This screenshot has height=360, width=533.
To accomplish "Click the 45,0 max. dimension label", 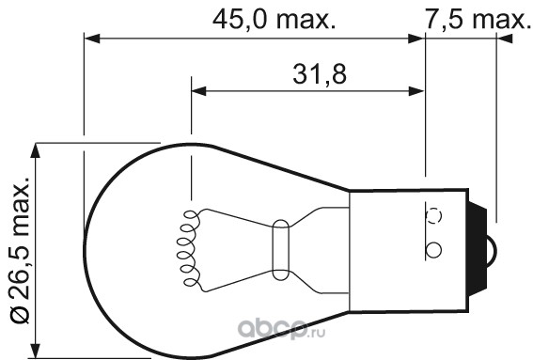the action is [x=274, y=20].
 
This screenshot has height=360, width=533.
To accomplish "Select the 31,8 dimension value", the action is [x=320, y=74].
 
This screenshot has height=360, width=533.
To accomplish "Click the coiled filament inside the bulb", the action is [x=187, y=248].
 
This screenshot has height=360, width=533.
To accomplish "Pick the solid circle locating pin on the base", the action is [x=433, y=251].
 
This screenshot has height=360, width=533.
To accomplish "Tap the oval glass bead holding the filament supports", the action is [x=281, y=250].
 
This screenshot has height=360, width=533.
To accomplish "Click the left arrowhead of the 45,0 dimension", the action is [x=92, y=39].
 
